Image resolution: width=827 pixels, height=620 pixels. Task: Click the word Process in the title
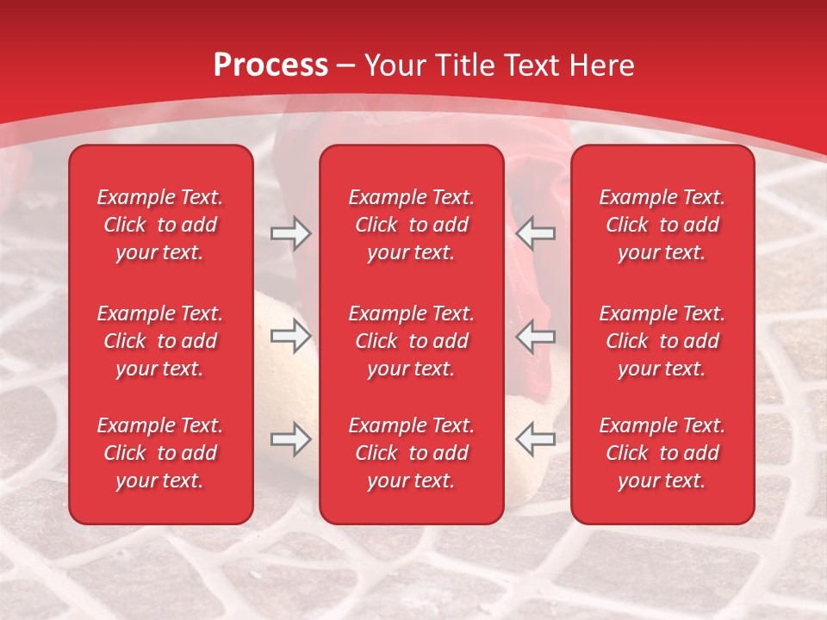tap(270, 65)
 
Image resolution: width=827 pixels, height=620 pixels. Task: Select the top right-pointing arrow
tap(290, 233)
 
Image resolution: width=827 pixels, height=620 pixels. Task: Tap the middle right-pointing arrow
tap(290, 337)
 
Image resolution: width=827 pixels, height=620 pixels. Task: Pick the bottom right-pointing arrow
tap(290, 440)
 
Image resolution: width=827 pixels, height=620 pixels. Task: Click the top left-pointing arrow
tap(536, 233)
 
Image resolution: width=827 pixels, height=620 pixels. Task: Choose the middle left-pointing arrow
tap(536, 337)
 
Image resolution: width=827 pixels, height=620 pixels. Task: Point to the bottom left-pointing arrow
tap(536, 440)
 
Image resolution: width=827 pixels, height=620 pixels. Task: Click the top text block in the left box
tap(160, 225)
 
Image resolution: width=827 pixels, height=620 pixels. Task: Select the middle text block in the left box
tap(160, 341)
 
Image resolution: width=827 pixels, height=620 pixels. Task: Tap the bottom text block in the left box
tap(160, 453)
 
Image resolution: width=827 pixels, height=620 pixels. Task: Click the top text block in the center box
tap(411, 225)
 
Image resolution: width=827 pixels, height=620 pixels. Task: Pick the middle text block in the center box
tap(411, 341)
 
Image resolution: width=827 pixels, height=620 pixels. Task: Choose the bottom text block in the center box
tap(411, 453)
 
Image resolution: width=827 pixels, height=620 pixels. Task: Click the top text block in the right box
tap(662, 225)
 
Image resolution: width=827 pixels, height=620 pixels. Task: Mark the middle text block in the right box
tap(662, 341)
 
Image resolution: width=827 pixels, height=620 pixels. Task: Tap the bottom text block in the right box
tap(662, 453)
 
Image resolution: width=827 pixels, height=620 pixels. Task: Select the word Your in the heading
tap(395, 65)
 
